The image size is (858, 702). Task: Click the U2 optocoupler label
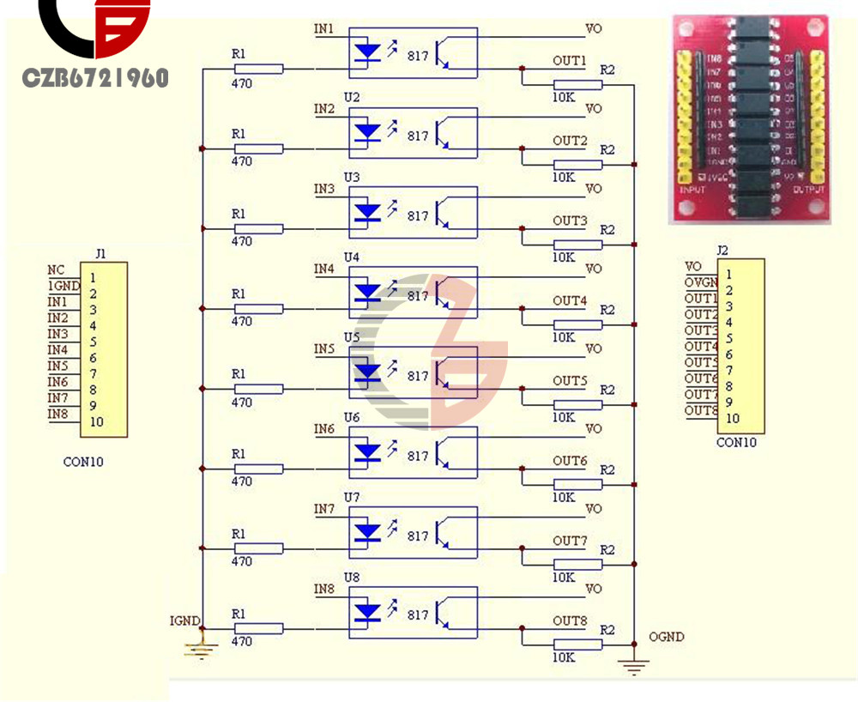pyautogui.click(x=352, y=97)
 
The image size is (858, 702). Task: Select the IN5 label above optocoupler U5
pyautogui.click(x=324, y=349)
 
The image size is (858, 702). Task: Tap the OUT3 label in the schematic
pyautogui.click(x=570, y=221)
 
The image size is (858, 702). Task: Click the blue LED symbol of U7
pyautogui.click(x=368, y=532)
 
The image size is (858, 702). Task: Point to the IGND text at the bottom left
pyautogui.click(x=184, y=620)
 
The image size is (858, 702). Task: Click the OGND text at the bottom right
pyautogui.click(x=668, y=637)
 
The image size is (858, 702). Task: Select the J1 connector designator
pyautogui.click(x=100, y=254)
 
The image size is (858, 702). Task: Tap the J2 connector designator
pyautogui.click(x=722, y=251)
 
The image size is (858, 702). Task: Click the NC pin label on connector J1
pyautogui.click(x=56, y=269)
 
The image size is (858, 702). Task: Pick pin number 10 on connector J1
pyautogui.click(x=96, y=421)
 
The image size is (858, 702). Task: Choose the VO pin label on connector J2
pyautogui.click(x=693, y=267)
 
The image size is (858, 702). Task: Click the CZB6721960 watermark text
pyautogui.click(x=95, y=79)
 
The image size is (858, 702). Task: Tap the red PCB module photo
pyautogui.click(x=749, y=119)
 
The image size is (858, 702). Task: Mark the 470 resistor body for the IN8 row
pyautogui.click(x=258, y=629)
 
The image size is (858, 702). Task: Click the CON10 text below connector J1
pyautogui.click(x=83, y=462)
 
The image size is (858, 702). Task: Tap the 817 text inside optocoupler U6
pyautogui.click(x=418, y=456)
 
